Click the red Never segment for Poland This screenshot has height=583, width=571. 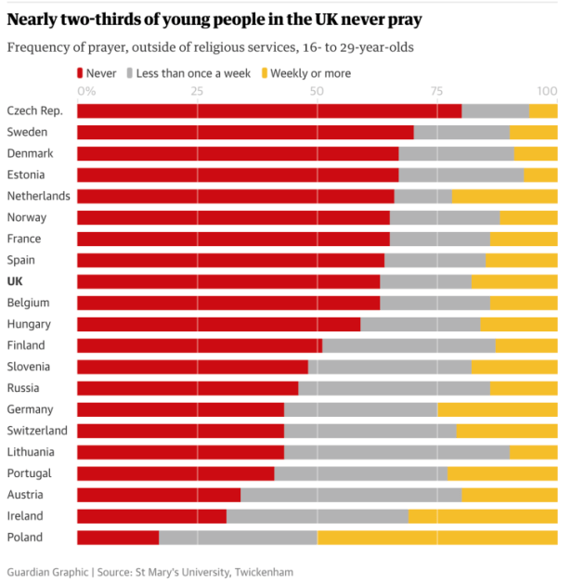[118, 538]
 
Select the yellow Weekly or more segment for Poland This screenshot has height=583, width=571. [437, 538]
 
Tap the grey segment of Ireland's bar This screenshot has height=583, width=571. [318, 516]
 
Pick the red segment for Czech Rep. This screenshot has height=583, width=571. [269, 111]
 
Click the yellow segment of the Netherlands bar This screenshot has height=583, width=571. [505, 196]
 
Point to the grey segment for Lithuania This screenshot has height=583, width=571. [397, 452]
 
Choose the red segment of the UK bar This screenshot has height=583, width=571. [228, 281]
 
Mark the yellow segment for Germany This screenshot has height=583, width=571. [498, 409]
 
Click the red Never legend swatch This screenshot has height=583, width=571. [82, 72]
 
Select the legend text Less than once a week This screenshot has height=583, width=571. [193, 72]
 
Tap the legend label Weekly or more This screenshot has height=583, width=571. [310, 72]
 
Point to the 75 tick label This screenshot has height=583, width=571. [436, 91]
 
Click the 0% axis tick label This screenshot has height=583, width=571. [86, 91]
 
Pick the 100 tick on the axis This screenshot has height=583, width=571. [548, 91]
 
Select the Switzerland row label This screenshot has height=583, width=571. [37, 431]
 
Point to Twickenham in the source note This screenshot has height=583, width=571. [263, 572]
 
